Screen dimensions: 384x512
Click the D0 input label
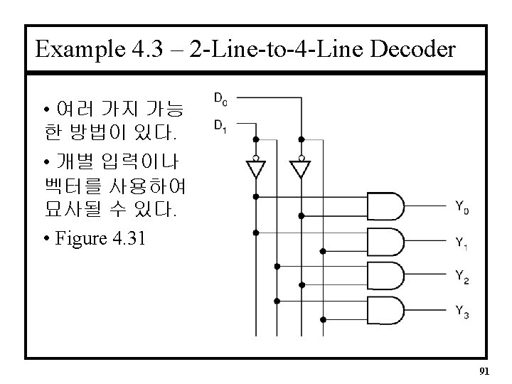220,98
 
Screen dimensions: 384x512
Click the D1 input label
220,125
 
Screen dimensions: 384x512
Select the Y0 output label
462,208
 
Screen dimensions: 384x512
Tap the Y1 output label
462,242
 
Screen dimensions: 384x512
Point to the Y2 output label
462,277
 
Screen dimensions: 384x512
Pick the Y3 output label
462,311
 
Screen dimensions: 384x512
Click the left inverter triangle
255,169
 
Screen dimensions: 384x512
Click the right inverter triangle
301,169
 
